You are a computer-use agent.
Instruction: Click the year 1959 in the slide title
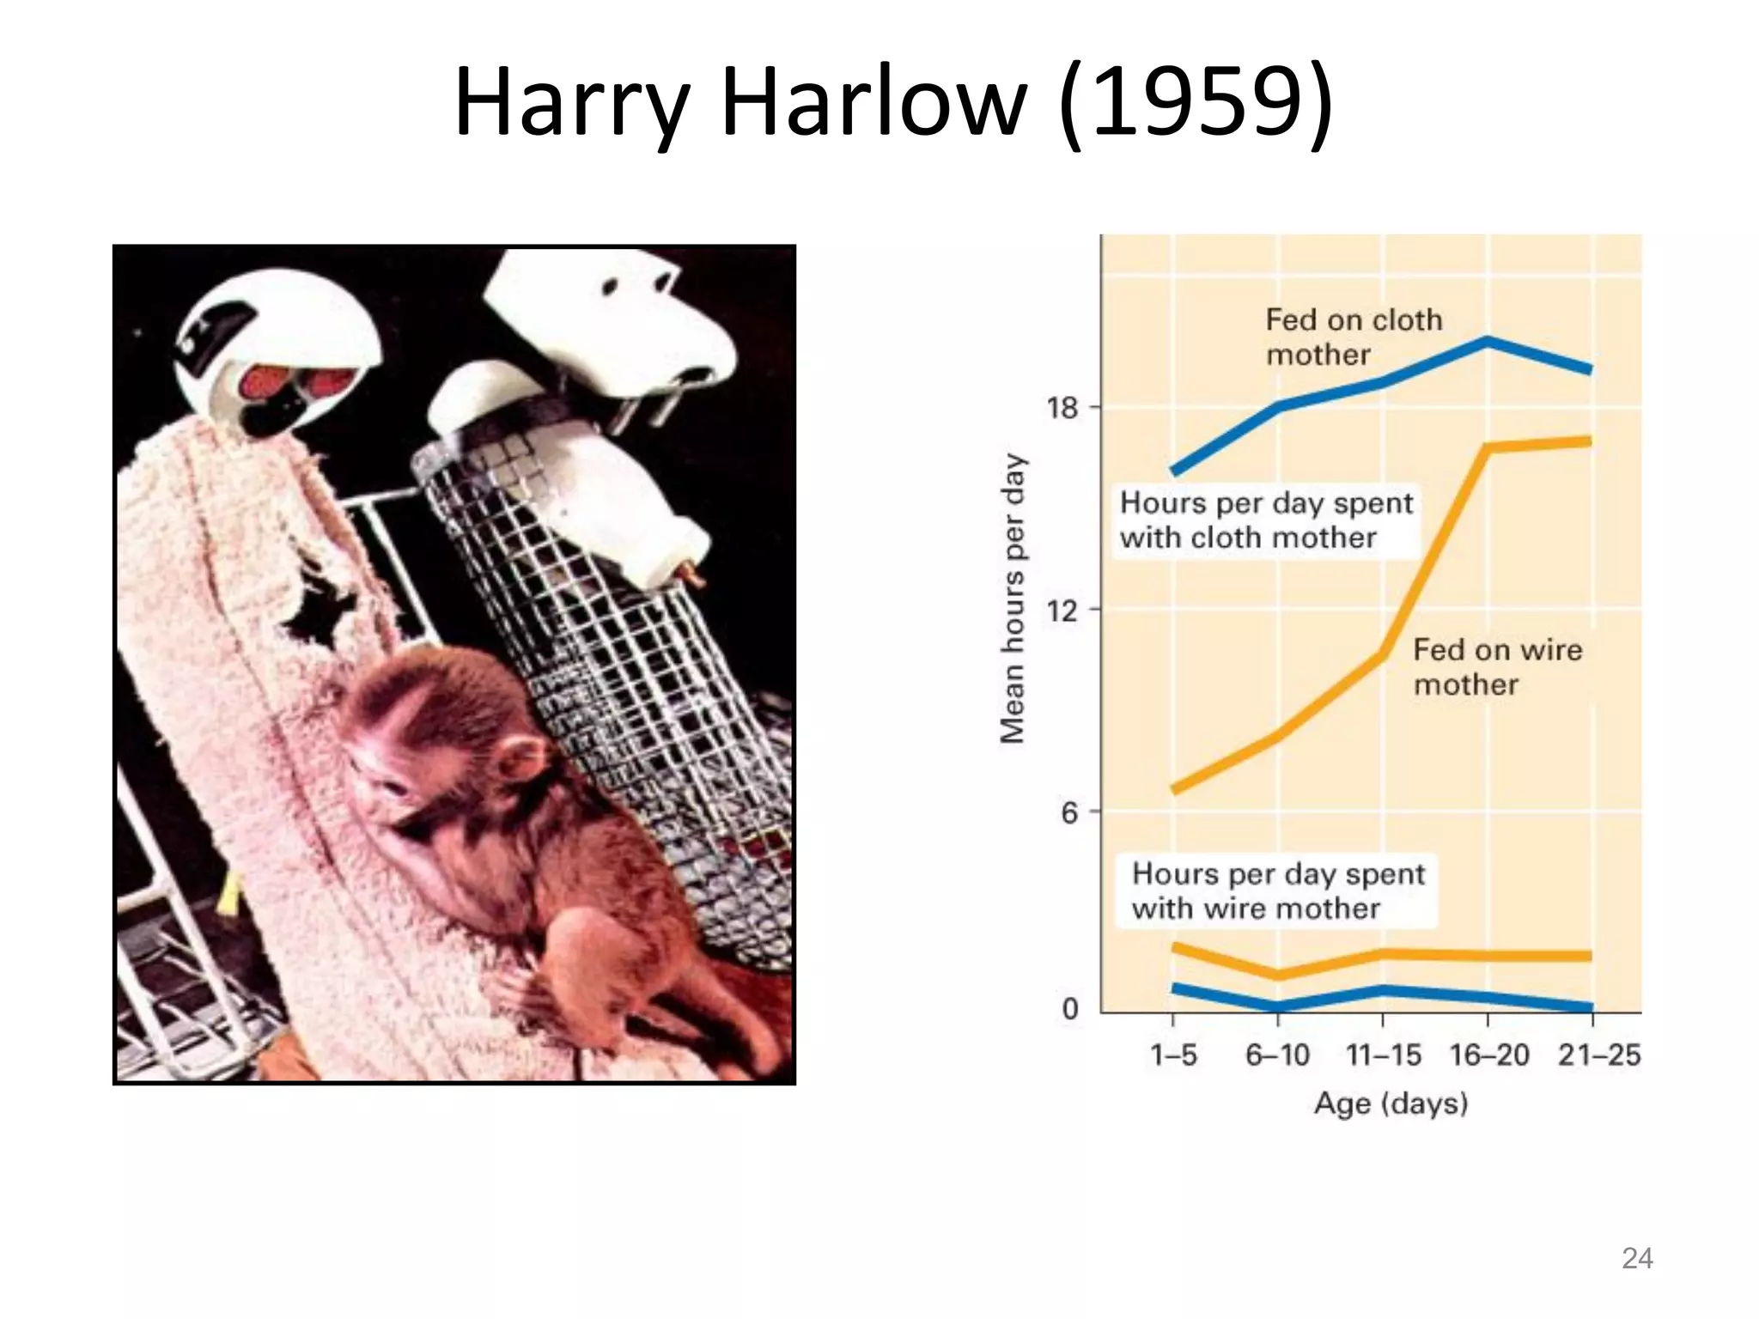click(x=1196, y=104)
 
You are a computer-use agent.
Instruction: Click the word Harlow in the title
click(x=874, y=104)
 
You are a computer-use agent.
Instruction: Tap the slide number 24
click(x=1636, y=1258)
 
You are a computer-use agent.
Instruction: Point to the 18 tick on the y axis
click(x=1062, y=407)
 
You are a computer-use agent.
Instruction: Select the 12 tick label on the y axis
click(x=1062, y=611)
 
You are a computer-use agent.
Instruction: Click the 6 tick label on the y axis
click(x=1069, y=812)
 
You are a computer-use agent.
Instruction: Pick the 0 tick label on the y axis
click(x=1070, y=1008)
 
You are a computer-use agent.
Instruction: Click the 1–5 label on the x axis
click(x=1173, y=1055)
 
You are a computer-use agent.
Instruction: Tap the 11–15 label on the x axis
click(x=1383, y=1055)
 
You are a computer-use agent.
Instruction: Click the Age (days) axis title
click(x=1391, y=1103)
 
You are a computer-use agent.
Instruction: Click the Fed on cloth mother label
click(x=1354, y=337)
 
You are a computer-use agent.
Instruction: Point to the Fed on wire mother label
click(x=1497, y=666)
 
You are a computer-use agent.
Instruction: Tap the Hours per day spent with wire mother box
click(x=1278, y=890)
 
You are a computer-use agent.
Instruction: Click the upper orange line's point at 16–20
click(x=1488, y=447)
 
